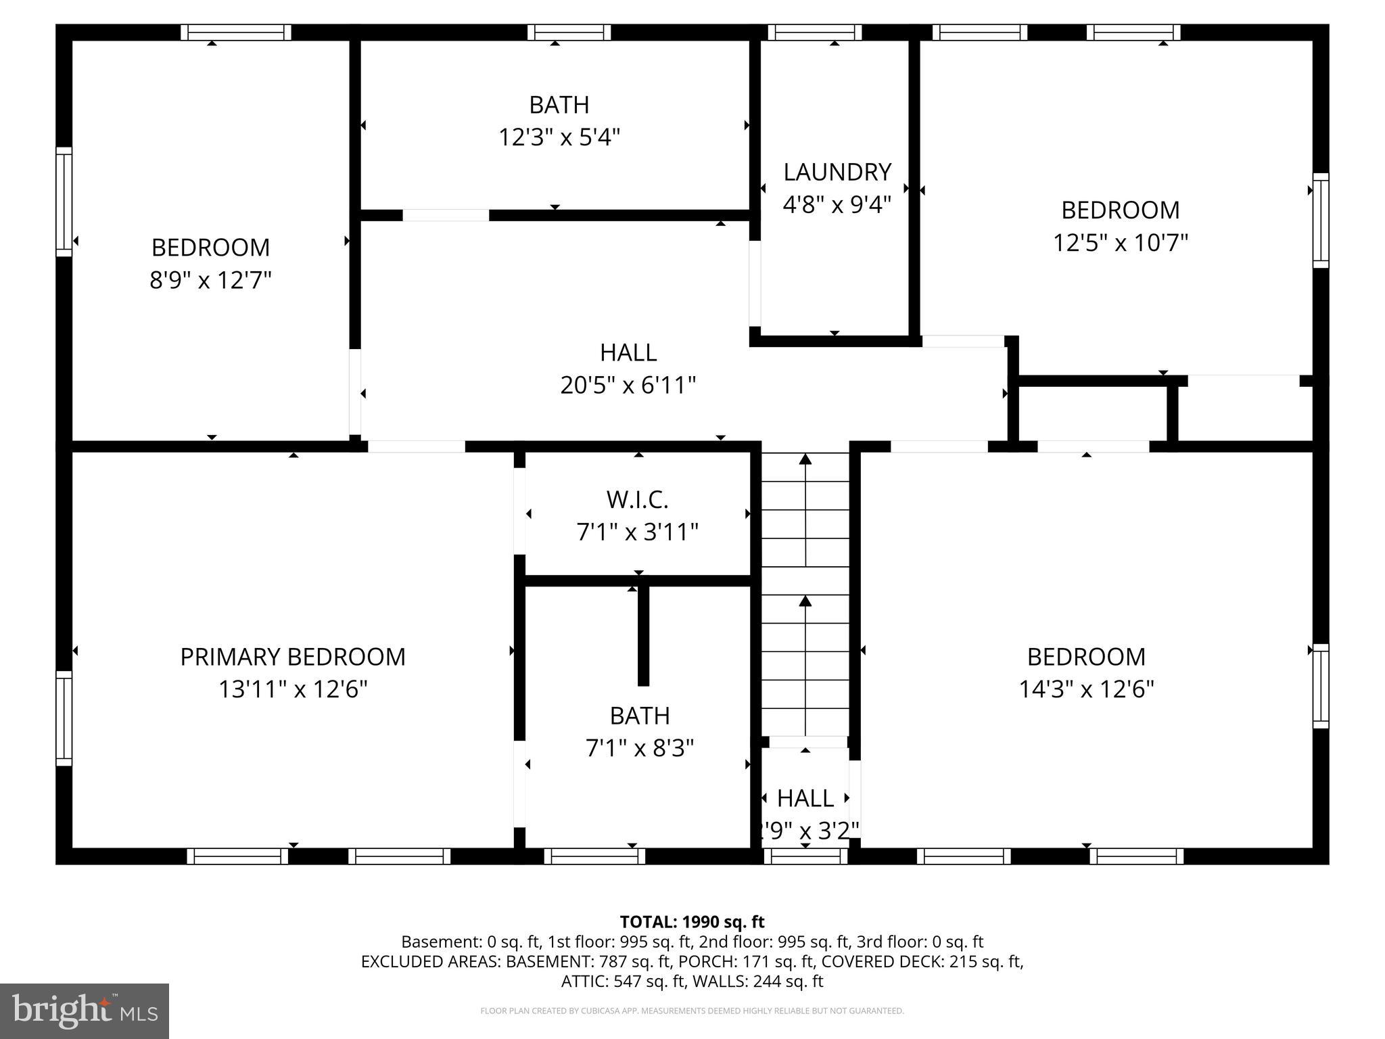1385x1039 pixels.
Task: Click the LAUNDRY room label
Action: click(x=837, y=172)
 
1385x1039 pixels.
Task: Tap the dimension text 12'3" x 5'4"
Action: click(x=559, y=137)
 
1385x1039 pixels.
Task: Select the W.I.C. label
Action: click(x=637, y=499)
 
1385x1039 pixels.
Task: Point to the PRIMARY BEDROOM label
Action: click(x=292, y=656)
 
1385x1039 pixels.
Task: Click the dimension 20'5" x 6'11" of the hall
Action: click(x=628, y=385)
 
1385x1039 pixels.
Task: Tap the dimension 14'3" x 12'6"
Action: click(x=1086, y=689)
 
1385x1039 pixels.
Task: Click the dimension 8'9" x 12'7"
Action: click(x=210, y=279)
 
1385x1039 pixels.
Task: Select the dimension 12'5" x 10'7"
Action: click(x=1120, y=242)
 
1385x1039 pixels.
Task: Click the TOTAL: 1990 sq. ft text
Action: click(x=692, y=921)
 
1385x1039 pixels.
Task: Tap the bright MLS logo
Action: click(x=85, y=1011)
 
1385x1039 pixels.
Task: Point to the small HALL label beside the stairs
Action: click(x=805, y=798)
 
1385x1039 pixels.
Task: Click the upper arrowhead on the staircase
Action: click(x=805, y=459)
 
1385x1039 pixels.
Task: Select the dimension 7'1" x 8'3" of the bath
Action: click(x=639, y=748)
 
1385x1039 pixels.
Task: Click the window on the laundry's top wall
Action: click(x=814, y=32)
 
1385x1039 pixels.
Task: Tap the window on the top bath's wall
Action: click(x=569, y=32)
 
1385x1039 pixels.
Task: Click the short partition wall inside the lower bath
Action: click(x=643, y=636)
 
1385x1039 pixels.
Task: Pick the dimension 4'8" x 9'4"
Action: click(x=837, y=204)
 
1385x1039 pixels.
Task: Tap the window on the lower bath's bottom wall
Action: click(x=594, y=856)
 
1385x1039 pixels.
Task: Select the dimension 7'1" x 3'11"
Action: click(x=637, y=532)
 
